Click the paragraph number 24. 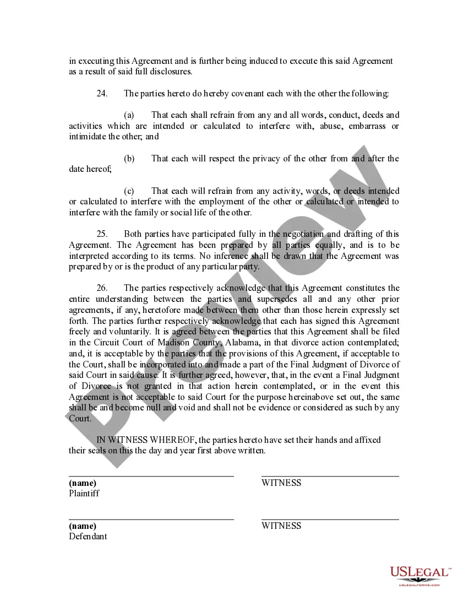[x=102, y=94]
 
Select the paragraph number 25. [x=102, y=234]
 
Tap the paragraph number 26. [x=102, y=288]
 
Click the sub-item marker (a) [x=129, y=115]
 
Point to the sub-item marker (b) [x=129, y=159]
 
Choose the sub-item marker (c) [x=129, y=191]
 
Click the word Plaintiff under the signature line [x=84, y=494]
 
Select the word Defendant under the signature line [x=88, y=537]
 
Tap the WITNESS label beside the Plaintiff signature [x=281, y=483]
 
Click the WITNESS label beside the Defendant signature [x=281, y=526]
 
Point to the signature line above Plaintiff [x=151, y=476]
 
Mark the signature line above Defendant [x=151, y=519]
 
